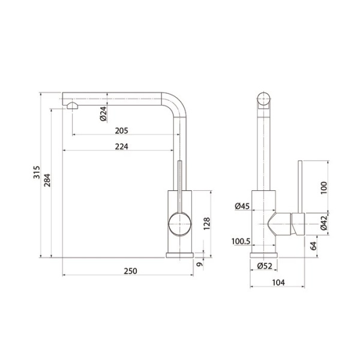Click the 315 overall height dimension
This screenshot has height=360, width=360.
tap(37, 172)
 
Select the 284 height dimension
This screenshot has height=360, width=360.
tap(47, 180)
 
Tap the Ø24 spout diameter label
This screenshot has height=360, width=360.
tap(104, 113)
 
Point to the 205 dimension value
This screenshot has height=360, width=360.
tap(121, 131)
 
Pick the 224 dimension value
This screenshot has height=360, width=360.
tap(121, 146)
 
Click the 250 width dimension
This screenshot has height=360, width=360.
tap(130, 271)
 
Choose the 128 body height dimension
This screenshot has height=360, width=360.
tap(206, 224)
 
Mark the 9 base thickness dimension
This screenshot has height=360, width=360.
tap(200, 264)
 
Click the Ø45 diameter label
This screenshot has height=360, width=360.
tap(242, 206)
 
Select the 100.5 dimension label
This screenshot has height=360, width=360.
tap(241, 241)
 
